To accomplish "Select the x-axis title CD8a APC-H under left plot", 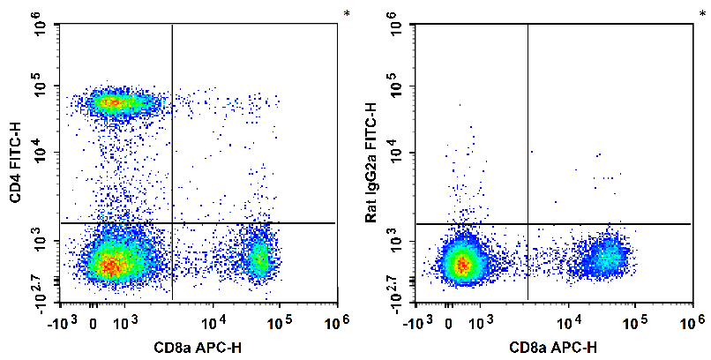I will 199,348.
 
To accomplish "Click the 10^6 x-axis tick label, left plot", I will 334,319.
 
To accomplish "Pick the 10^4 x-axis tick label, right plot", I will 567,319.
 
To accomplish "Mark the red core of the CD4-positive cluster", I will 112,102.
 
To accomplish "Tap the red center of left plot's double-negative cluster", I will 109,263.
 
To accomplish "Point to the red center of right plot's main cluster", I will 460,263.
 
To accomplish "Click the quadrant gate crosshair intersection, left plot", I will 172,223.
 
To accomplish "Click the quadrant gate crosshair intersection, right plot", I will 528,223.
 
